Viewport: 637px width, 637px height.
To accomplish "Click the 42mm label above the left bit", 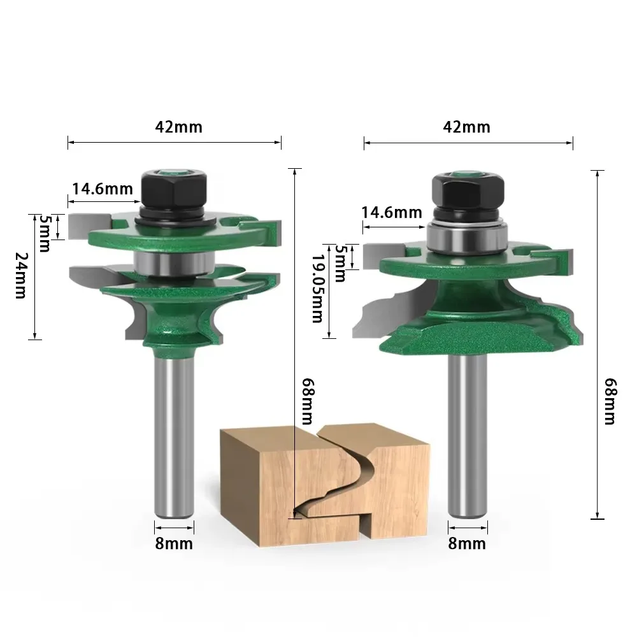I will [x=178, y=127].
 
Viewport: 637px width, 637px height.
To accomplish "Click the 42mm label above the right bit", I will [x=466, y=127].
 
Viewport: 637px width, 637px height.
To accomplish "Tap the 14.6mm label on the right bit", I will [x=392, y=212].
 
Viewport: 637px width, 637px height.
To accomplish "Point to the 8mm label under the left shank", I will [x=174, y=543].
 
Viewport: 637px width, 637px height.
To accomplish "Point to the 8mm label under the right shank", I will [x=467, y=543].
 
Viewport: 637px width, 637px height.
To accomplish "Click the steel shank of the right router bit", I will [x=468, y=433].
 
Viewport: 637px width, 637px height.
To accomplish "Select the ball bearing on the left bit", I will [x=173, y=260].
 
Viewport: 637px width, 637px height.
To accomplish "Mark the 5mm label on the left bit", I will [x=45, y=232].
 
